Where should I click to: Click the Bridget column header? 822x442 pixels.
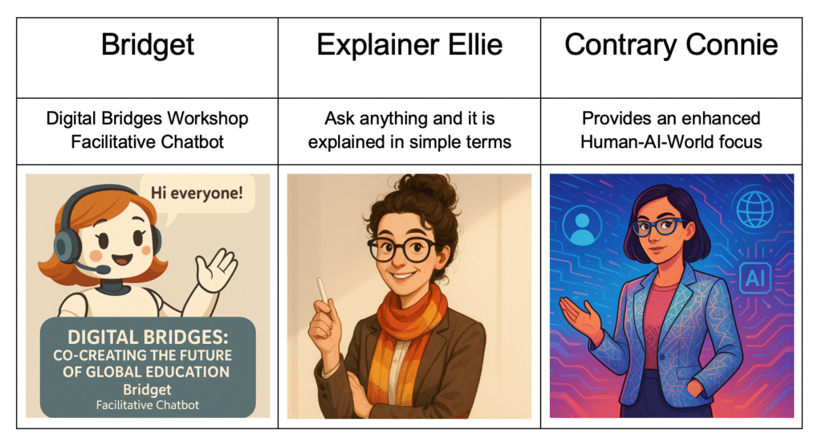pos(148,45)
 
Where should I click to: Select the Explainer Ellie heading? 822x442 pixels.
pos(409,45)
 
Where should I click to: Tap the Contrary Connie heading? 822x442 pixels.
pos(671,45)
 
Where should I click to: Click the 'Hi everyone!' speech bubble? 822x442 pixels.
pos(197,194)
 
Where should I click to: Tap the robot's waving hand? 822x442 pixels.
pos(215,270)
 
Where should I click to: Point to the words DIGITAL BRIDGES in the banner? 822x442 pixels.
pos(148,337)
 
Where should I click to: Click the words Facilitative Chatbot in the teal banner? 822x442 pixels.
pos(148,405)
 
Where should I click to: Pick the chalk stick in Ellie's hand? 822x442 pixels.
pos(323,290)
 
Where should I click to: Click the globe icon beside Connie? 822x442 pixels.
pos(755,208)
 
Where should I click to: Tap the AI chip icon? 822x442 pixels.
pos(755,278)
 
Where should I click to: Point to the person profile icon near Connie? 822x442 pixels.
pos(581,227)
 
